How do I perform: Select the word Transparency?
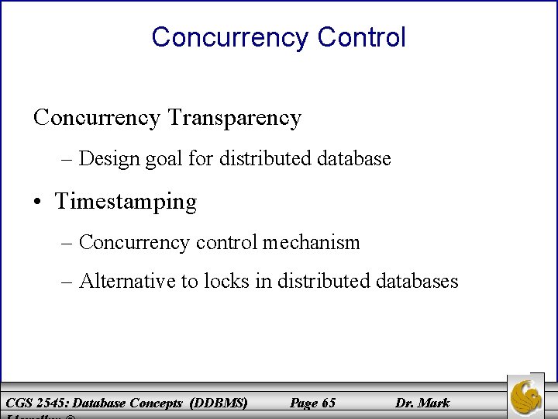click(x=234, y=118)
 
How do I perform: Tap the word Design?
click(x=104, y=159)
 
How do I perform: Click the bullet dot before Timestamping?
click(x=39, y=203)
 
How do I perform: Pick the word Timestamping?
click(x=126, y=202)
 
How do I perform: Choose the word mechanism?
click(x=311, y=242)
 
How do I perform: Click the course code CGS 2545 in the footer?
click(x=34, y=403)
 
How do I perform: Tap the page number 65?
click(x=328, y=403)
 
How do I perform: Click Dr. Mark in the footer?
click(x=422, y=403)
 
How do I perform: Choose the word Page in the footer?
click(x=302, y=403)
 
